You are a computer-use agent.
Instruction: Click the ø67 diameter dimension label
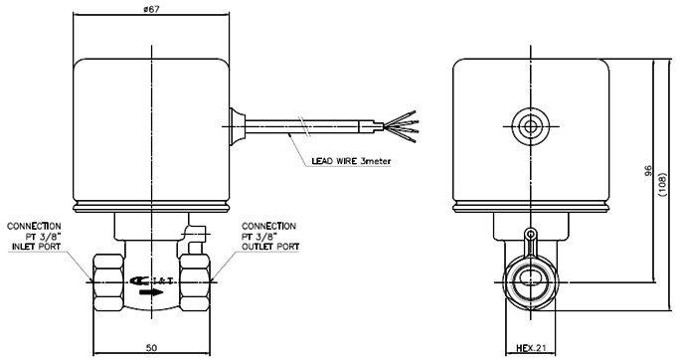(151, 9)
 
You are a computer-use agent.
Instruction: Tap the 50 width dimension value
(151, 347)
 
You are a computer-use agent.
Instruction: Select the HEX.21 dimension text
(530, 348)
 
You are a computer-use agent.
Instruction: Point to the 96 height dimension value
(648, 170)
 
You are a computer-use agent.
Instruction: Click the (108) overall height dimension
(663, 185)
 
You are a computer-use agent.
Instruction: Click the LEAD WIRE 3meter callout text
(351, 161)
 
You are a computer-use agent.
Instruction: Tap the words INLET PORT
(36, 247)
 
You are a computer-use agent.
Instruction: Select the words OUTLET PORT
(270, 247)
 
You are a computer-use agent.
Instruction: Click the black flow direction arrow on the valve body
(151, 292)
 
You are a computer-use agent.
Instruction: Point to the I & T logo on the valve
(152, 281)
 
